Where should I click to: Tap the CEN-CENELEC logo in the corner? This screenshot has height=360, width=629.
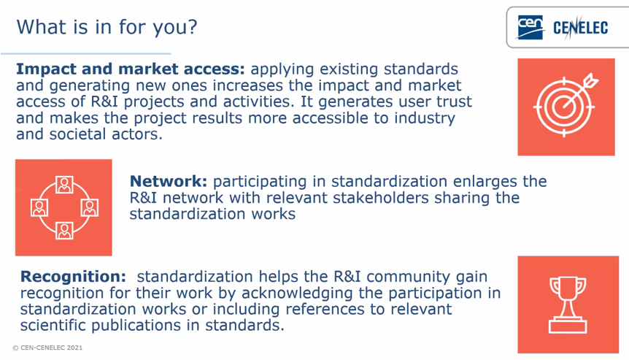(566, 27)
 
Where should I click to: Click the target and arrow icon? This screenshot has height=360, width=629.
(566, 107)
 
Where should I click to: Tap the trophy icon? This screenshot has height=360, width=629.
(566, 305)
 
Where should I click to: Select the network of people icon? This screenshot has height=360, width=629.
(64, 207)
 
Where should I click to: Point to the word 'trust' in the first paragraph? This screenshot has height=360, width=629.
(452, 102)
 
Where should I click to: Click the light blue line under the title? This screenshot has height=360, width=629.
(85, 53)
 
